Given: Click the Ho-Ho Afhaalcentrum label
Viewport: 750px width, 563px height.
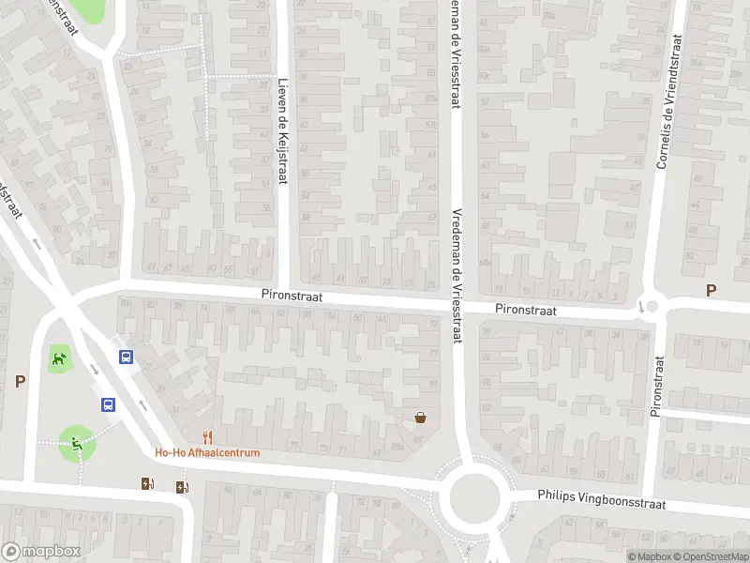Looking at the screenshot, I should tap(207, 452).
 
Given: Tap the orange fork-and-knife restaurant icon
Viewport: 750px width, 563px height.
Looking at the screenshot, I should tap(208, 436).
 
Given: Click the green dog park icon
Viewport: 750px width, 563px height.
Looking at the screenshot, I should tap(60, 357).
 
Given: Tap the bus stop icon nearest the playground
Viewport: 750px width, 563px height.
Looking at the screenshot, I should tap(109, 404).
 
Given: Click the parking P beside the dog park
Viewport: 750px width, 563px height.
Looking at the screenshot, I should tap(20, 381).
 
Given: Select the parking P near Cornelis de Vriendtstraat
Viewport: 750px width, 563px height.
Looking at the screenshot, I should tap(711, 291).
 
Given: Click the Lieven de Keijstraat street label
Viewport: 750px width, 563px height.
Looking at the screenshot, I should tap(281, 130).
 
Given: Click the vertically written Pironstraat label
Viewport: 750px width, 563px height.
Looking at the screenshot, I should tap(656, 385).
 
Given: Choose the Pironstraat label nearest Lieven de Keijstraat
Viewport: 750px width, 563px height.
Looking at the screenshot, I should tap(292, 296).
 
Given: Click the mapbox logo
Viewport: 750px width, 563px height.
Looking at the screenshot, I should tap(37, 552).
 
